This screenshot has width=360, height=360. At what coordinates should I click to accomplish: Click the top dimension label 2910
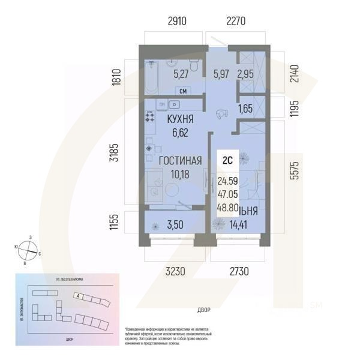(177, 22)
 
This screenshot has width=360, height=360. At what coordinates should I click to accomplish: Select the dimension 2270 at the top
(236, 22)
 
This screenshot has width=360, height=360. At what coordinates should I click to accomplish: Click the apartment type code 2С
(228, 160)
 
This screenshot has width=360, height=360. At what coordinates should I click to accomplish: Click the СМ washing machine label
(183, 92)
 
